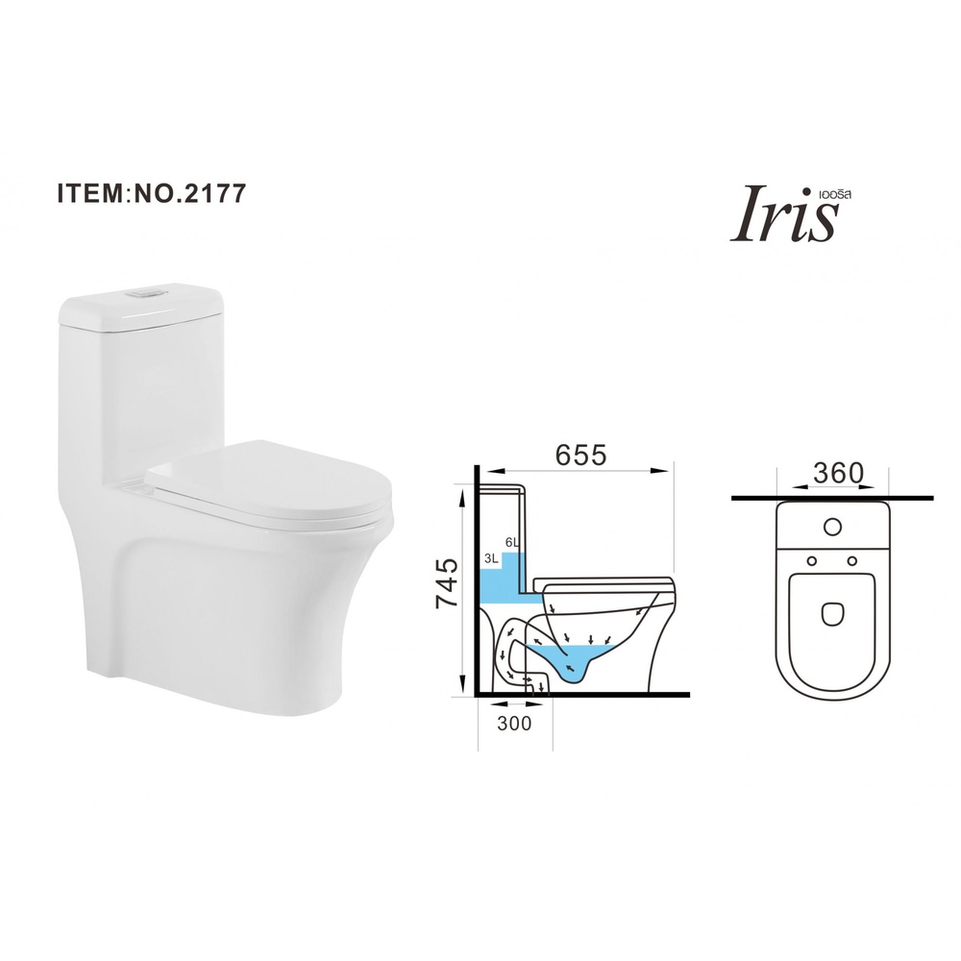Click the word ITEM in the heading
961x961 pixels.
[x=90, y=192]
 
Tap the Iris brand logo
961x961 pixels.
[x=784, y=215]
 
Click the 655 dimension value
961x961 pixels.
[x=580, y=455]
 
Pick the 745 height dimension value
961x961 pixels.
[x=446, y=583]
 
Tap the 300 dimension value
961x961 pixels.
[x=514, y=724]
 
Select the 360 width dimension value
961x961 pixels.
[x=838, y=473]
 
